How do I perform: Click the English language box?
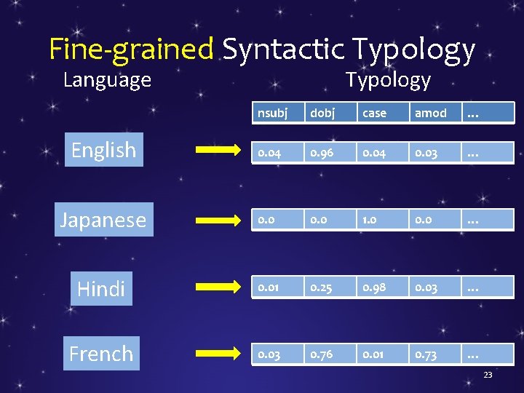tap(103, 150)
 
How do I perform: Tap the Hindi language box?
tap(100, 288)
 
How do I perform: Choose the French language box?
tap(101, 353)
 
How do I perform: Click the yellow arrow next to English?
tap(218, 151)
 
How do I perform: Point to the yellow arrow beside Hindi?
tap(218, 289)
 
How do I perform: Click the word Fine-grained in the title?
tap(131, 49)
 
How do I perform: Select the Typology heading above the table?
tap(388, 79)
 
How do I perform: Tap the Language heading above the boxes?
tap(107, 79)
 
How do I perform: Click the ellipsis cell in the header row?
tap(487, 113)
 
